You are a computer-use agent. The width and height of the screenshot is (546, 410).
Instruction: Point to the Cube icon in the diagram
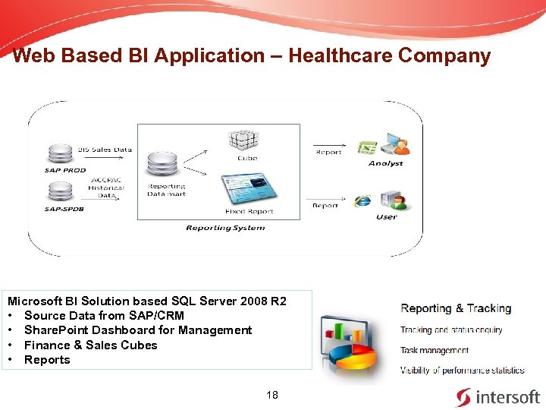(246, 140)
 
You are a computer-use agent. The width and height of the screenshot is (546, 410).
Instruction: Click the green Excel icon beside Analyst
(367, 146)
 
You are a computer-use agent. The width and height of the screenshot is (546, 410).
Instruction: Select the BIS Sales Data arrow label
(105, 150)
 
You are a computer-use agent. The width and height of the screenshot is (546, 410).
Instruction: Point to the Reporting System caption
(225, 228)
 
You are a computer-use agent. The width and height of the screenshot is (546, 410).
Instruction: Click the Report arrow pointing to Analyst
(328, 147)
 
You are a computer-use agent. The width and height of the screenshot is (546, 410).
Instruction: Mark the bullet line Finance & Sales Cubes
(91, 345)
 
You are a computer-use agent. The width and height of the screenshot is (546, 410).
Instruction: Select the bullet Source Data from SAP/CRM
(104, 315)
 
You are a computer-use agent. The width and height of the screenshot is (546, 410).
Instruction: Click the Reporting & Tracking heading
(456, 308)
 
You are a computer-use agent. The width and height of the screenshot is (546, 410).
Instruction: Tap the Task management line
(435, 351)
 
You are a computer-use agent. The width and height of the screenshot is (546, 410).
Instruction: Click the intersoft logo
(497, 396)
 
